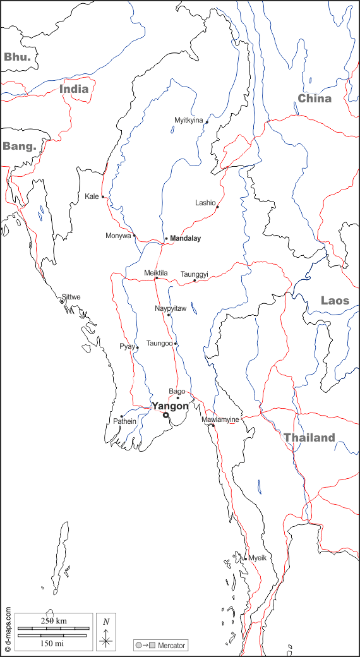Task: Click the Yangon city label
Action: [x=170, y=406]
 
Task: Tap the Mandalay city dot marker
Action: [x=166, y=239]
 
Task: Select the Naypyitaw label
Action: [x=171, y=308]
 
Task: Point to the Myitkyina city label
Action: [x=189, y=120]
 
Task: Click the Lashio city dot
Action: [x=217, y=207]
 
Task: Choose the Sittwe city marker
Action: [x=62, y=301]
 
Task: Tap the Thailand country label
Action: [x=309, y=438]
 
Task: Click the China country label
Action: [x=315, y=98]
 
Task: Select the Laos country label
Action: [x=335, y=301]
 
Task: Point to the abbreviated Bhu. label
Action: [x=17, y=57]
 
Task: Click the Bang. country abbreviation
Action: [x=19, y=146]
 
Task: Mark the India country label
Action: [x=74, y=89]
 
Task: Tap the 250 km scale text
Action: [x=53, y=620]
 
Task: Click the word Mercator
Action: [x=172, y=646]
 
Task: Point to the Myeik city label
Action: [x=258, y=558]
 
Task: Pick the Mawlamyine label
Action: [x=220, y=419]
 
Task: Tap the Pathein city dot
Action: [x=121, y=416]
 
